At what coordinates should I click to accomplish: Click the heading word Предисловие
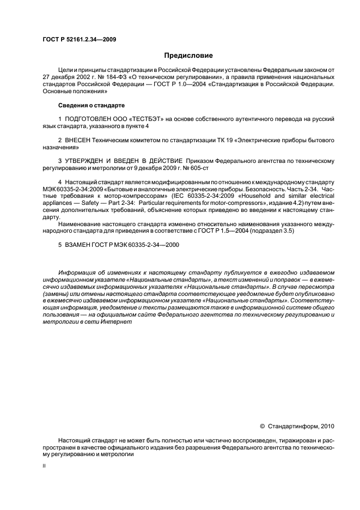point(188,55)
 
